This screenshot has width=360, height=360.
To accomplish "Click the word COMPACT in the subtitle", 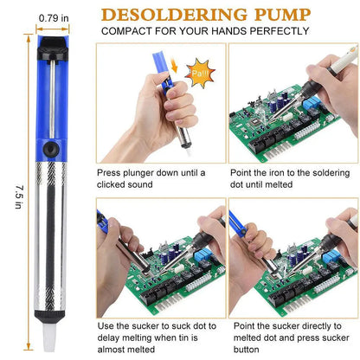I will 131,31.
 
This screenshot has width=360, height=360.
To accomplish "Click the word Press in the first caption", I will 110,172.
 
